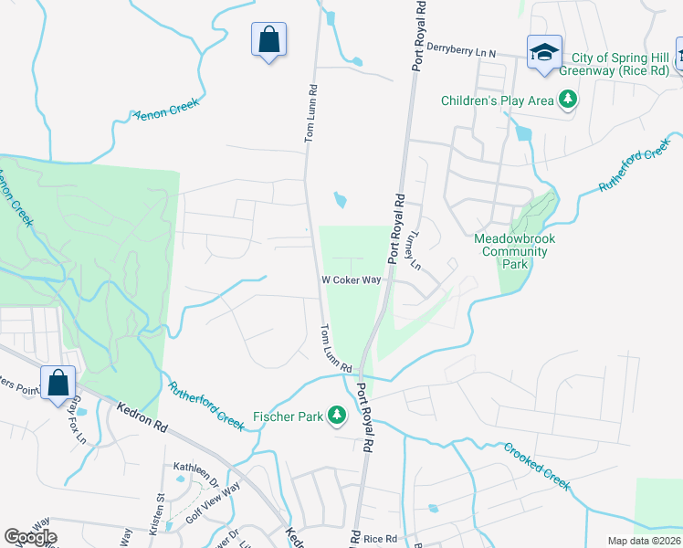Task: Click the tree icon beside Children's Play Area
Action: (x=568, y=100)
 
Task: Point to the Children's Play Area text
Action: (x=498, y=100)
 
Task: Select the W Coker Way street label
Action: (x=351, y=280)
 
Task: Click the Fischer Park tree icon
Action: (x=338, y=416)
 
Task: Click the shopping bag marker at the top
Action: (x=268, y=39)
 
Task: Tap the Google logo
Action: (x=30, y=537)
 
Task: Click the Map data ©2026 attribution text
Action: (x=644, y=541)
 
